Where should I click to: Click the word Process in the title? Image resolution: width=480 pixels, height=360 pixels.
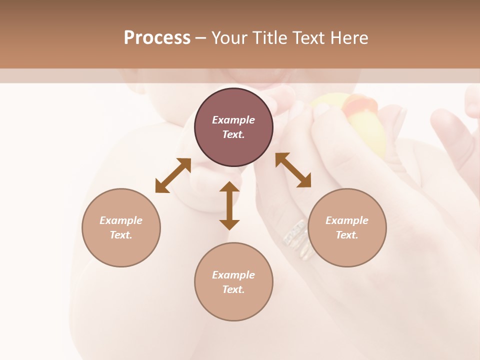157,38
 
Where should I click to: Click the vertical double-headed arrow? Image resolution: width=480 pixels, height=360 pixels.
229,205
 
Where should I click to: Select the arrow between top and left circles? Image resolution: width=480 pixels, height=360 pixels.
173,175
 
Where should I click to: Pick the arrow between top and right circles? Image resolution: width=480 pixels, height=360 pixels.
293,170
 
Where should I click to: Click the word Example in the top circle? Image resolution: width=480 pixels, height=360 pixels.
233,120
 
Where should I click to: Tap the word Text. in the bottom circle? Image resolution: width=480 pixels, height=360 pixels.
233,289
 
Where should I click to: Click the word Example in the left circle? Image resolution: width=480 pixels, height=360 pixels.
121,220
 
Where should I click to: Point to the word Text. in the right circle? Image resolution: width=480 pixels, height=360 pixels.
347,235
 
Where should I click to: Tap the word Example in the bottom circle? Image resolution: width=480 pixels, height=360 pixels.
233,275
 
